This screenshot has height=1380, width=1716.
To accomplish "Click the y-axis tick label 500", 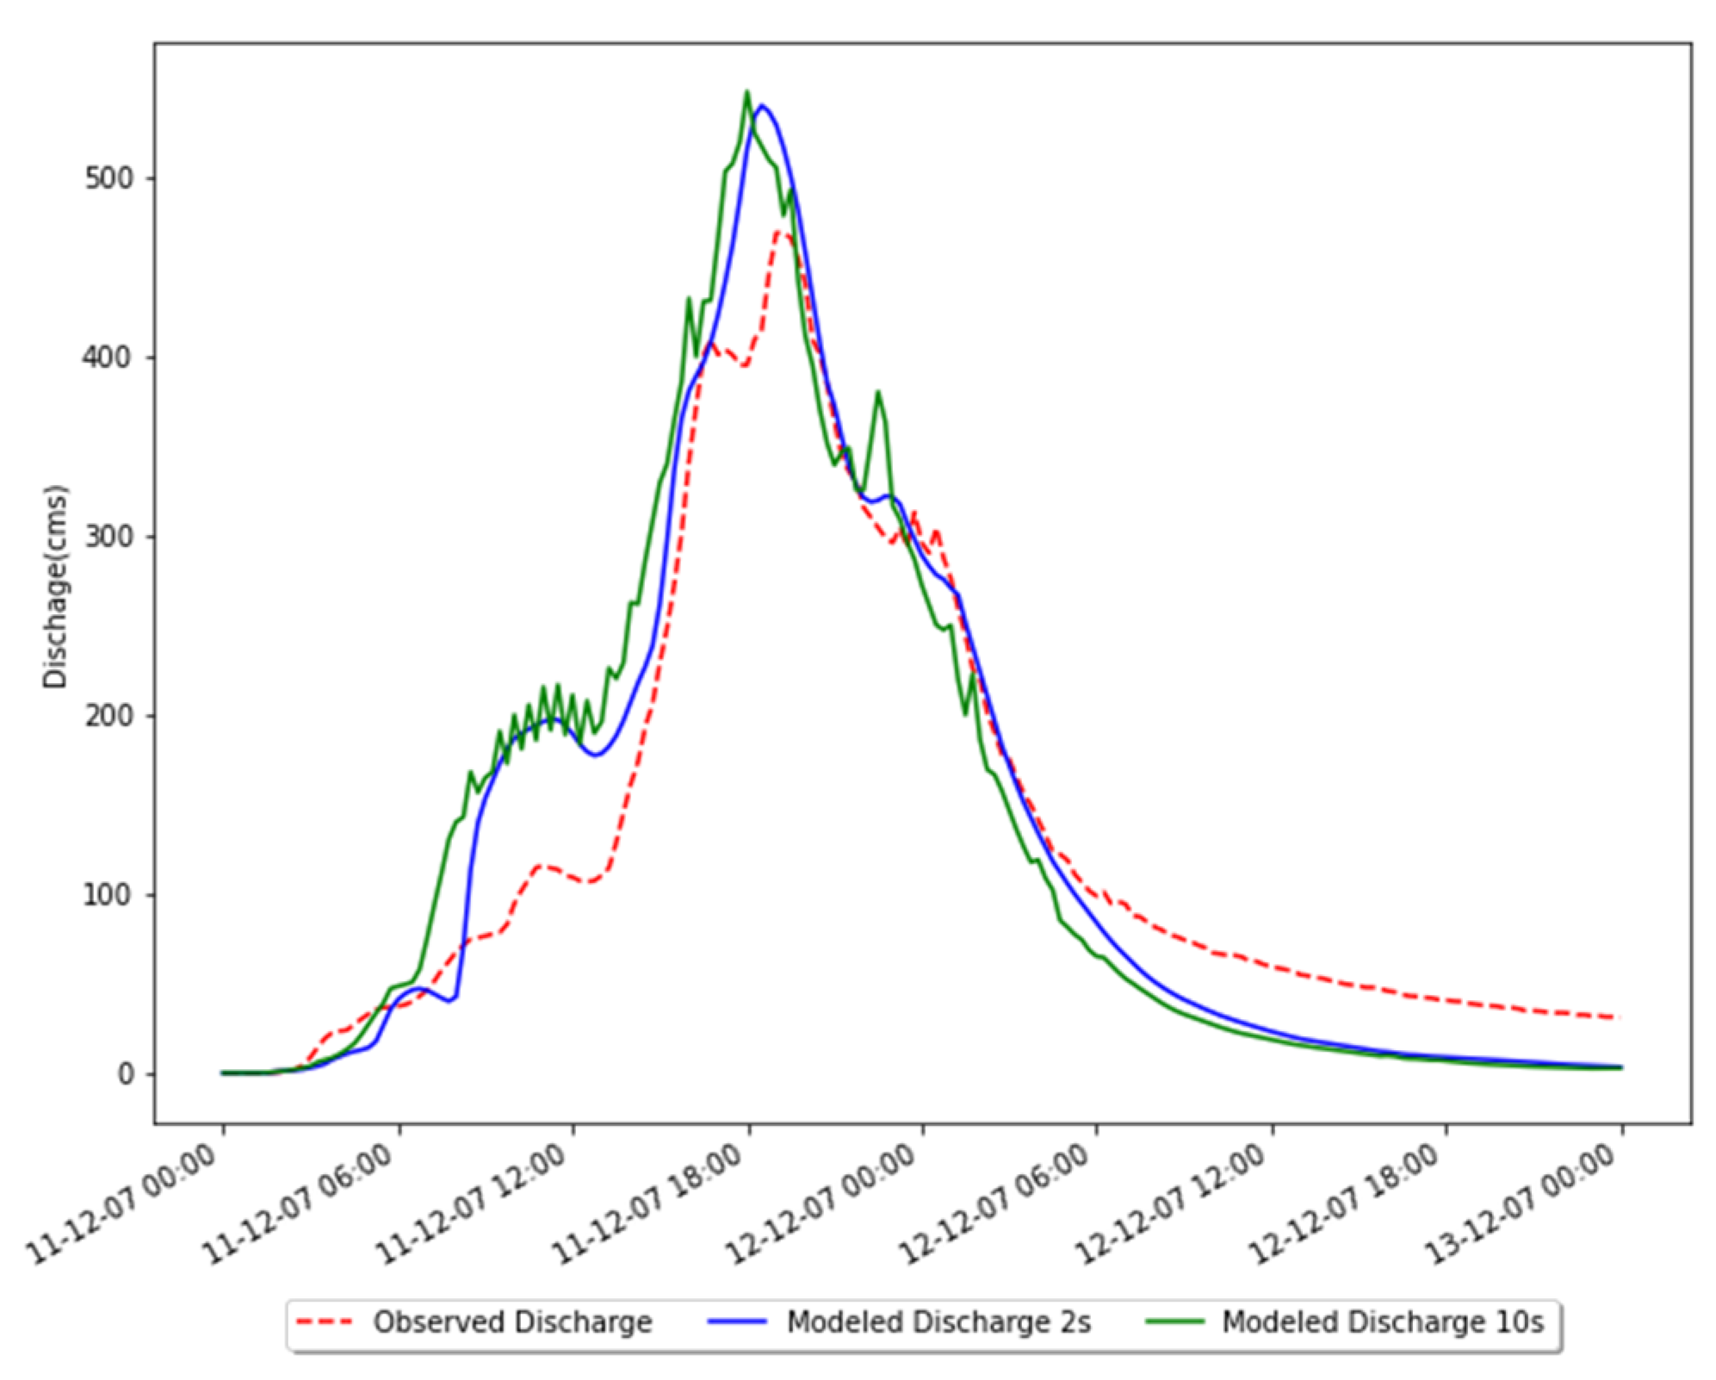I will [109, 178].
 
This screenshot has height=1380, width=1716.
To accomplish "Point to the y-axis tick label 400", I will [109, 357].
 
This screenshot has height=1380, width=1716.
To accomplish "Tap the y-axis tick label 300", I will [109, 536].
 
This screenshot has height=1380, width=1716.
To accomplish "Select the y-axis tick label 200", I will [109, 715].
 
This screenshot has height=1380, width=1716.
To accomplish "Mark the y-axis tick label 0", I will [126, 1073].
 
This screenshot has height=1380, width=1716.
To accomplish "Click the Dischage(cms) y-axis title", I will [56, 586].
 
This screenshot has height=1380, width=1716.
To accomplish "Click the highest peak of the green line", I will [746, 92].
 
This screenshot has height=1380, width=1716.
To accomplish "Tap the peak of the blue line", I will [761, 106].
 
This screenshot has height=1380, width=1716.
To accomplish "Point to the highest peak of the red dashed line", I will [780, 231].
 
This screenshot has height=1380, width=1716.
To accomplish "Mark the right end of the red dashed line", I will [1620, 1017].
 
